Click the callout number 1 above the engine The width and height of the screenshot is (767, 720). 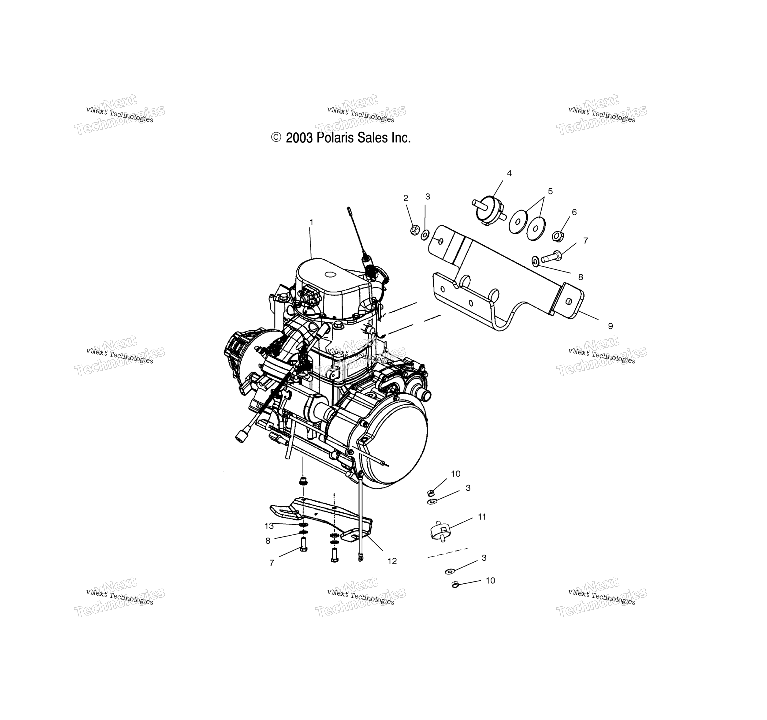(x=311, y=223)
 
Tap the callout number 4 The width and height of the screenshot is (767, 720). (x=509, y=174)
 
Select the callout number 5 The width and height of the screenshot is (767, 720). (x=550, y=191)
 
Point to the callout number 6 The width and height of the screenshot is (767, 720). (x=574, y=212)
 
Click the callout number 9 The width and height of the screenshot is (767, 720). (x=610, y=326)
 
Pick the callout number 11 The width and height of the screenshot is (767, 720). (x=482, y=517)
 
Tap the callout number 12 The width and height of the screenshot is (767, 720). (x=392, y=561)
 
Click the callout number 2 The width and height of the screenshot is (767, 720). (x=406, y=198)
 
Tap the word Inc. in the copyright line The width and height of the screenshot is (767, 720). (x=402, y=138)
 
